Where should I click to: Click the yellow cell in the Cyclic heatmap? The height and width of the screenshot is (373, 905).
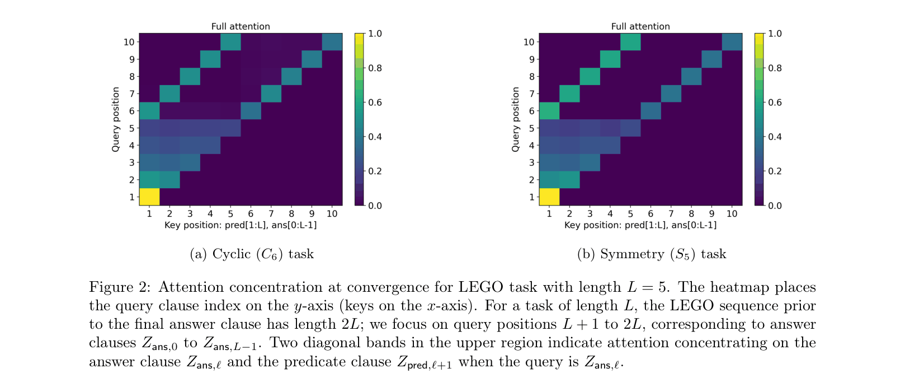[149, 197]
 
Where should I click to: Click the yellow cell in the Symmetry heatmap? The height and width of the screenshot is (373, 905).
[549, 197]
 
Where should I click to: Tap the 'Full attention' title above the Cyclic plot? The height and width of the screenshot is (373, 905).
[241, 26]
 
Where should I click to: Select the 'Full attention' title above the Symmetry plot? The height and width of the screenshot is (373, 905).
[640, 26]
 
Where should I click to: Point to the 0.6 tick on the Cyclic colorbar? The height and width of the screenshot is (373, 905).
[375, 102]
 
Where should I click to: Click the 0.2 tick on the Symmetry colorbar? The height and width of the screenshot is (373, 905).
[775, 171]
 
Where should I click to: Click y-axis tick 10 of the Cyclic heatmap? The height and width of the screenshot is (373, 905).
[129, 42]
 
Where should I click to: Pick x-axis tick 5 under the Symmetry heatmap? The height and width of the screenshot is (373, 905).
[630, 213]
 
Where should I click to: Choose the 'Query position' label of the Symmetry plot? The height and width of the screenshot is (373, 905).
[516, 119]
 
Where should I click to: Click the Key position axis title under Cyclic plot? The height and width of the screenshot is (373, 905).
[241, 225]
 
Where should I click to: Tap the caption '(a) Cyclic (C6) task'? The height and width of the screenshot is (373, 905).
[252, 254]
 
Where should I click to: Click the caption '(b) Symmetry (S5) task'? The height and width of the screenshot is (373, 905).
[652, 254]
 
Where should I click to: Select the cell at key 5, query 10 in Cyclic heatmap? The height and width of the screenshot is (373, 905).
[230, 42]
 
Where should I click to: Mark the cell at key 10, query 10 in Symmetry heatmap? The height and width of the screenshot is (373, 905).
[732, 42]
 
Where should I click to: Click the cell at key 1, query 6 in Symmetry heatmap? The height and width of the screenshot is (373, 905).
[549, 111]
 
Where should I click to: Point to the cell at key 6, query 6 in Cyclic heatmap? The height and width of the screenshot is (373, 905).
[251, 111]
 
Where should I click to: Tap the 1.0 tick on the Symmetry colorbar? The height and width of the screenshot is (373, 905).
[775, 34]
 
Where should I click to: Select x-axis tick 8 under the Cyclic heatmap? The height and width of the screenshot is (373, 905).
[291, 213]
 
